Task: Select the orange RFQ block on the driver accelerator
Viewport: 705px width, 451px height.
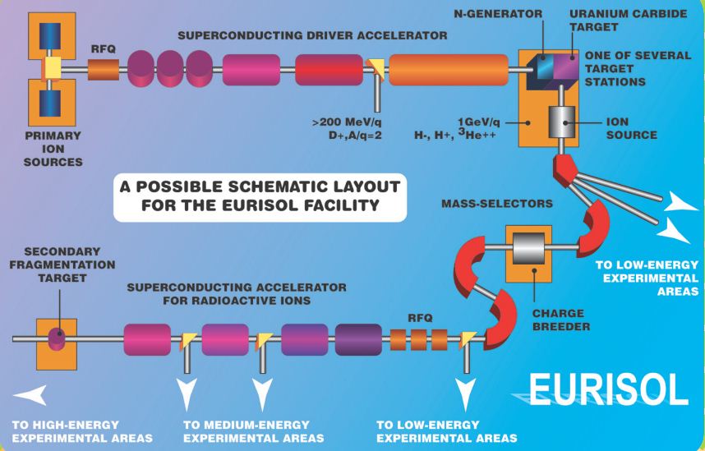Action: pos(104,71)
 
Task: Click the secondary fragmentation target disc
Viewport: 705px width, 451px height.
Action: pos(57,338)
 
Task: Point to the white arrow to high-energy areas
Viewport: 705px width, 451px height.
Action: pos(32,396)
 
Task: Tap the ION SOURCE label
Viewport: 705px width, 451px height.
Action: pos(631,128)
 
